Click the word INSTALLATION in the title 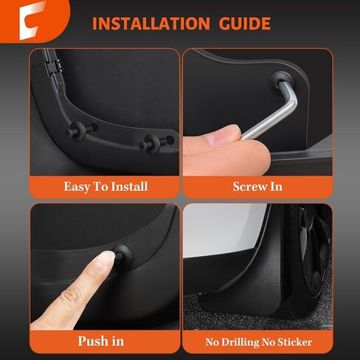(152, 24)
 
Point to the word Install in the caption (131, 186)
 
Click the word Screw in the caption (243, 186)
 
